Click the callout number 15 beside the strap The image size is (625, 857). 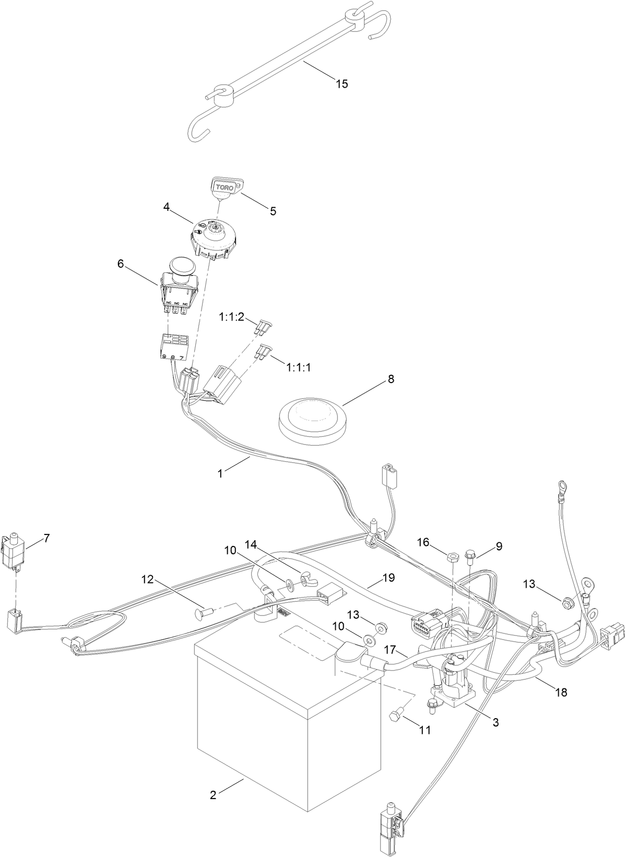(x=341, y=84)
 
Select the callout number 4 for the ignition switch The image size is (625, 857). (x=166, y=207)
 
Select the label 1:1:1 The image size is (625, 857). (x=299, y=367)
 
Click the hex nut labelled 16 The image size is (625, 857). (x=453, y=556)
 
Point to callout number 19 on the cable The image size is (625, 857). (x=388, y=578)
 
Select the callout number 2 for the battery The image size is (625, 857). (x=213, y=795)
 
